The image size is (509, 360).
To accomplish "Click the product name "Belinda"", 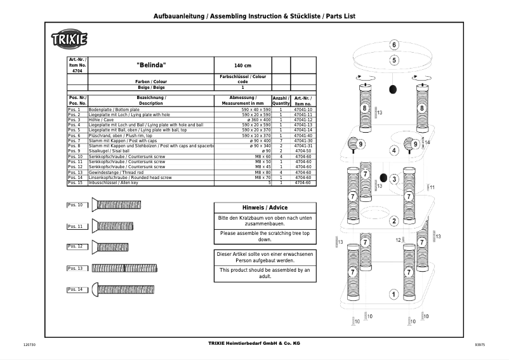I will (151, 65).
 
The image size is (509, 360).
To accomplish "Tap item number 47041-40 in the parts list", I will (303, 135).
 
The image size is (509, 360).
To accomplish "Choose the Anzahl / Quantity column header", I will (281, 100).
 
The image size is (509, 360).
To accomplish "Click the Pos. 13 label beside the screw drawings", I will (76, 269).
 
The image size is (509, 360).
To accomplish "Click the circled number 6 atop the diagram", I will (394, 45).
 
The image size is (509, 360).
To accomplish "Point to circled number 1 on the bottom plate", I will (394, 294).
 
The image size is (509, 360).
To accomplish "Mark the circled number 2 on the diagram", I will (394, 221).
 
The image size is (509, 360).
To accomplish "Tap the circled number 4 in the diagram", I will (394, 151).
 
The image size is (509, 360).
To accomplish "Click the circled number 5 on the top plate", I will (394, 60).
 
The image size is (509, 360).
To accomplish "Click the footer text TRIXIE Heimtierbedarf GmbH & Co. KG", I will (254, 343).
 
